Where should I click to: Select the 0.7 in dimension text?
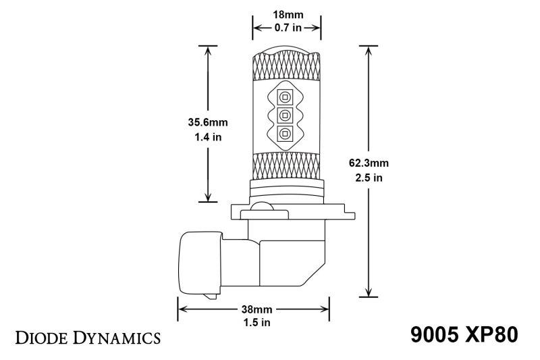286,28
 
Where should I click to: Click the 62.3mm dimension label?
369,163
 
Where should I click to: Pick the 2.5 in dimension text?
369,178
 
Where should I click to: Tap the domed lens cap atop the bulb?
286,49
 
